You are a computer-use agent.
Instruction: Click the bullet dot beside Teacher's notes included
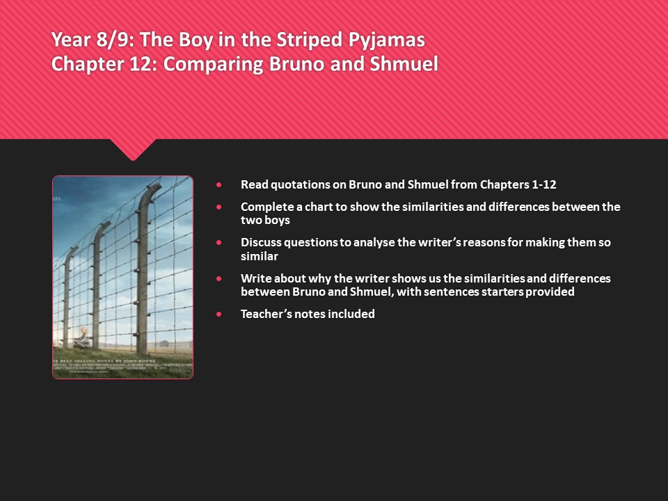click(220, 315)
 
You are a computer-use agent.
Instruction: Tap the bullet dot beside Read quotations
click(220, 185)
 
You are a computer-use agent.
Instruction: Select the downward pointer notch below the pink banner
click(133, 149)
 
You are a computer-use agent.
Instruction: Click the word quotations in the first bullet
click(295, 184)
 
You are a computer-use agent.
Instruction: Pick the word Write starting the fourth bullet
click(256, 278)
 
